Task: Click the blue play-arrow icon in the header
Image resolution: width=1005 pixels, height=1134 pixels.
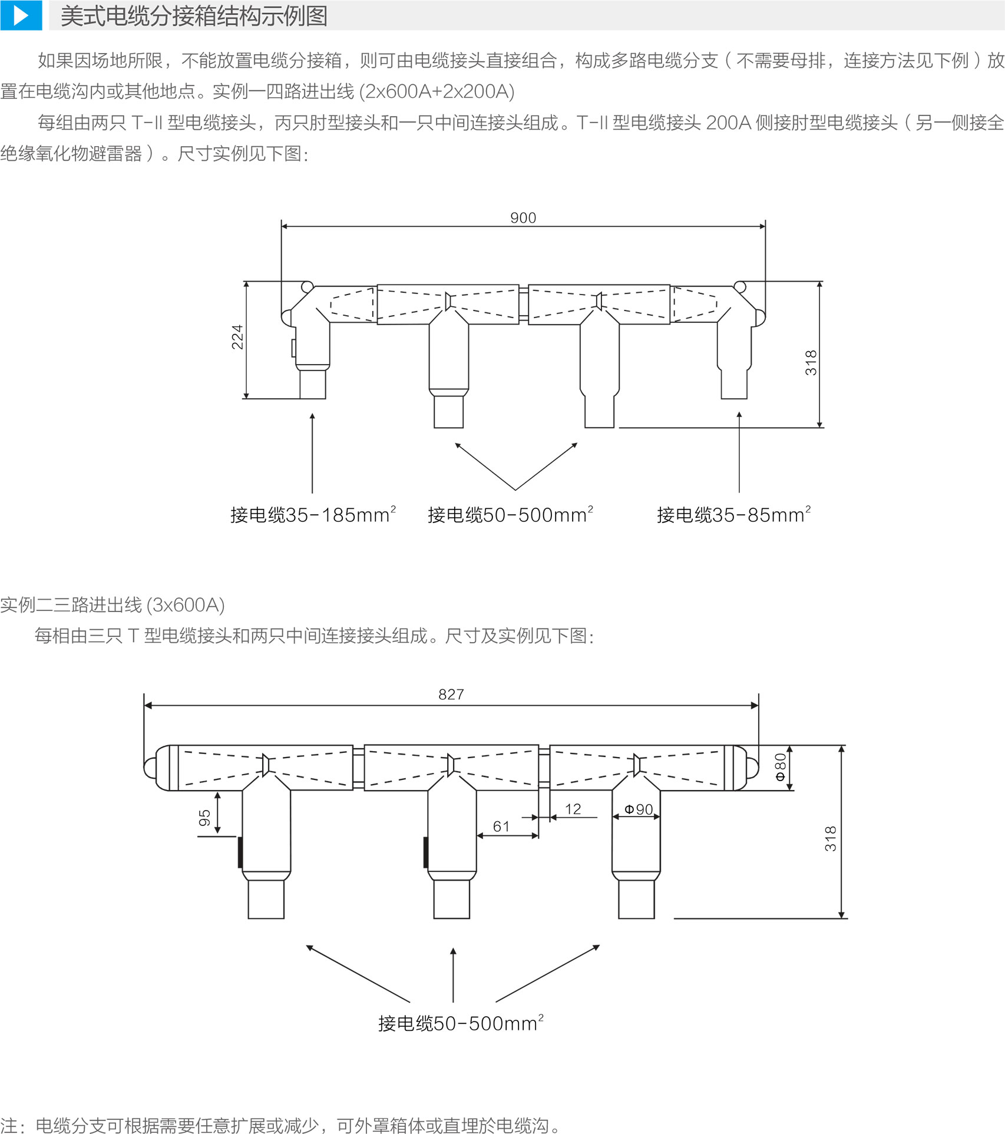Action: pos(21,15)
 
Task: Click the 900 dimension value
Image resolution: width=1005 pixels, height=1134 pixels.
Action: pos(523,218)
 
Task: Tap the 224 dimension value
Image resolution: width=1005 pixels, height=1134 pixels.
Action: pos(237,337)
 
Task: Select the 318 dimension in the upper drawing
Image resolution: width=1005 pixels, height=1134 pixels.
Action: pos(811,363)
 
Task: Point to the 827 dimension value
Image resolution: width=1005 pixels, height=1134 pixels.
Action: pos(451,695)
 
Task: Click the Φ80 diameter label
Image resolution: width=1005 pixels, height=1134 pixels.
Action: pos(780,767)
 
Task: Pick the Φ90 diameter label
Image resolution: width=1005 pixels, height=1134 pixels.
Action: pos(639,809)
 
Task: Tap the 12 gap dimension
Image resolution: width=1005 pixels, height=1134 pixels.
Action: pos(573,809)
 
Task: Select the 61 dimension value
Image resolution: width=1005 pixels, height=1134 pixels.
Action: pos(501,826)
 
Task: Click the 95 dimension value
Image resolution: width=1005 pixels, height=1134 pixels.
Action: pos(204,818)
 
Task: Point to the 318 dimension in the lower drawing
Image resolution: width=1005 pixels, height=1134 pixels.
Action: pos(831,838)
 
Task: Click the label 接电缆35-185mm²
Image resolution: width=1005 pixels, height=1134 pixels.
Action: pos(313,515)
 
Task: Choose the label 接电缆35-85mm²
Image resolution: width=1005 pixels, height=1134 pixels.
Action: pos(733,515)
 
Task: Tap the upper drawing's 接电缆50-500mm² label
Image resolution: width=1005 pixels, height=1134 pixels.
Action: pos(510,515)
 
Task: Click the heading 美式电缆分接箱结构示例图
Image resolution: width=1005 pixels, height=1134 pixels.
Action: pos(194,16)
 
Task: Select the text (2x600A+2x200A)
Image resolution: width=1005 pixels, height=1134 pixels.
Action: pos(437,91)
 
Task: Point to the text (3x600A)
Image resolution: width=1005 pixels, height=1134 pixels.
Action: pos(186,605)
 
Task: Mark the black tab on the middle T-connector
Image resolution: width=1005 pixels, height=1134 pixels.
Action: pos(425,852)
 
